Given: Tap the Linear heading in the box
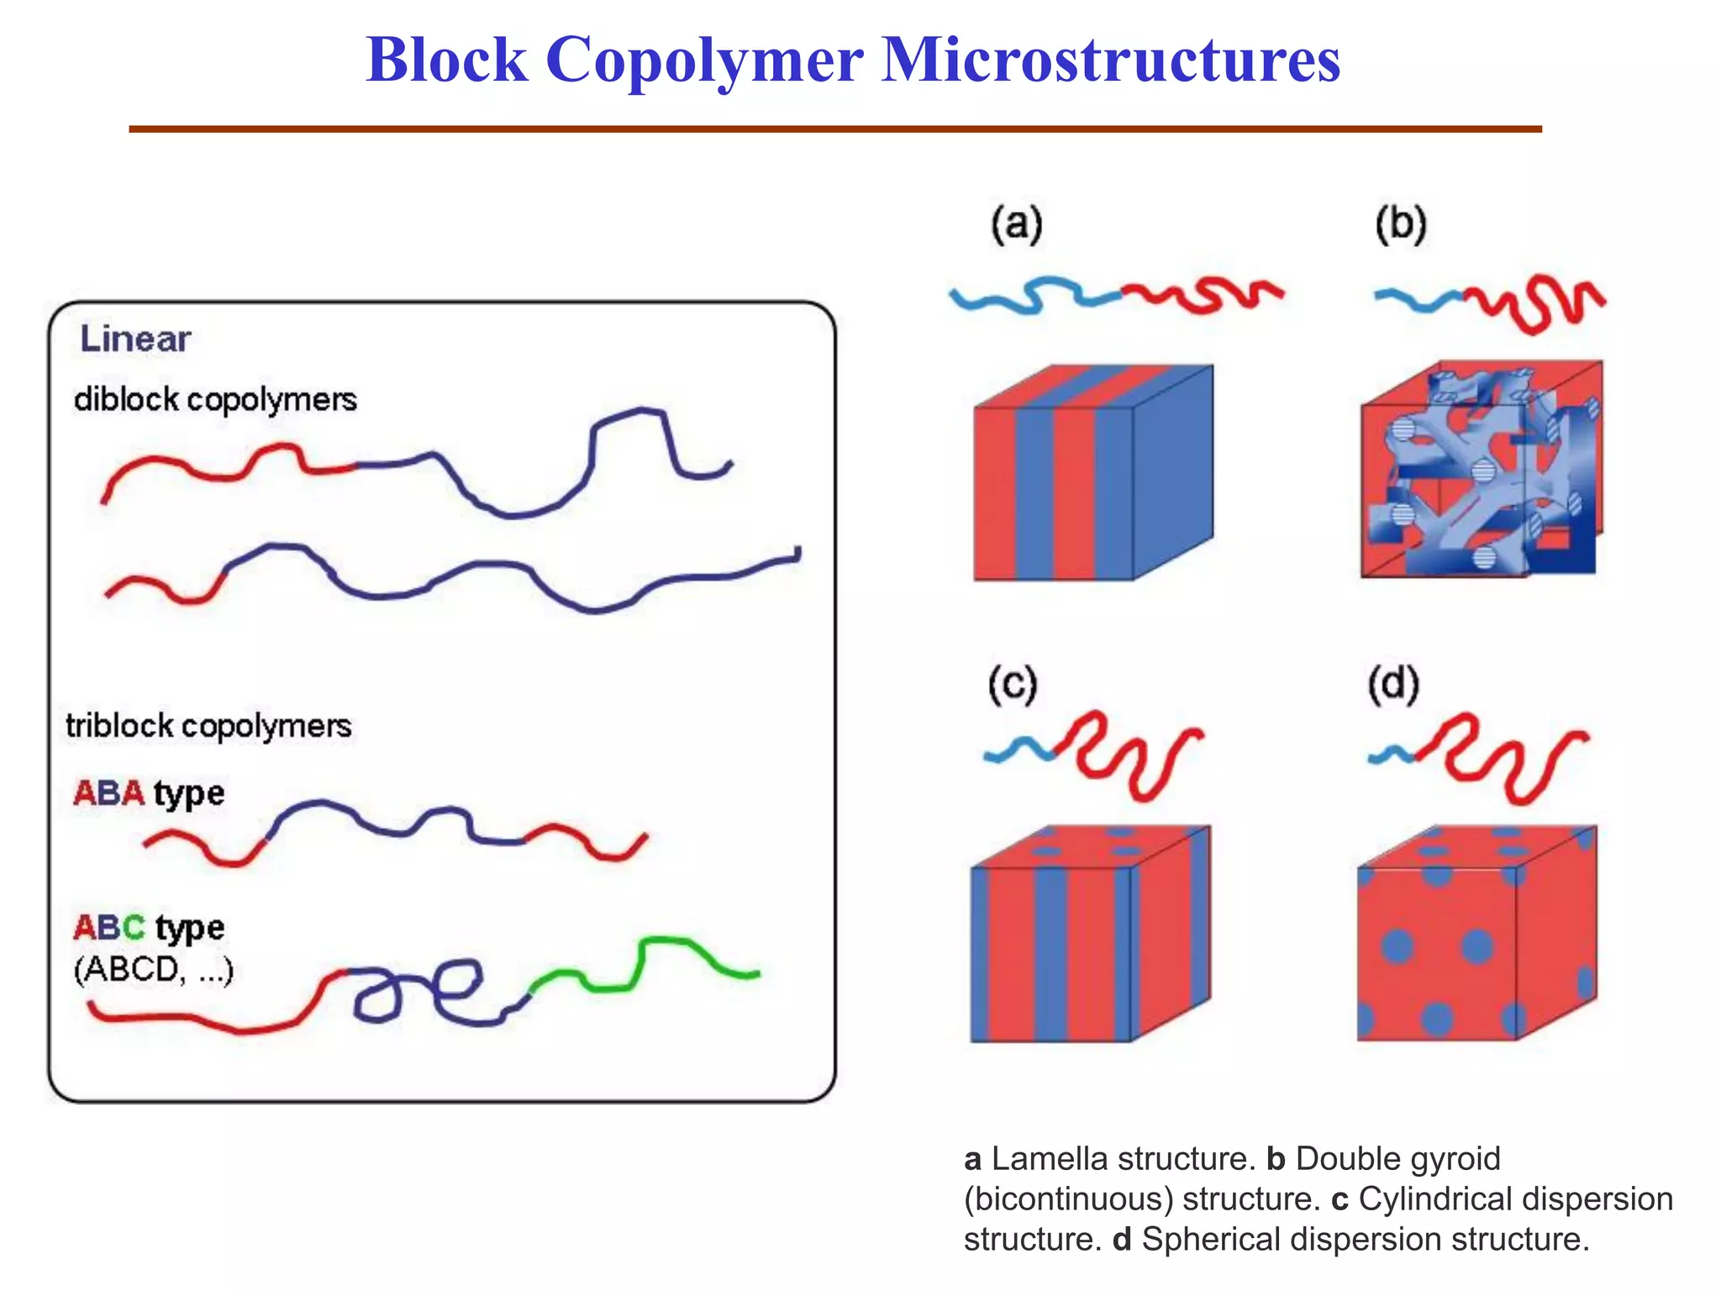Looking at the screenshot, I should click(x=135, y=339).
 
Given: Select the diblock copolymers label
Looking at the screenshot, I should click(x=215, y=399).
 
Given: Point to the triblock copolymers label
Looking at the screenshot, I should click(x=208, y=725).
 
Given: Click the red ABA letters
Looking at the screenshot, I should click(x=108, y=793).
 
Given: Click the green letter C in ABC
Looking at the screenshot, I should click(x=134, y=927).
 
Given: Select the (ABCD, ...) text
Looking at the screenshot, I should click(x=153, y=970).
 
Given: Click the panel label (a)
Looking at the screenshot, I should click(x=1016, y=225).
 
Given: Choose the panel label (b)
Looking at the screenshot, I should click(x=1401, y=225).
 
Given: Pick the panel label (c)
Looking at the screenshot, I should click(x=1013, y=685).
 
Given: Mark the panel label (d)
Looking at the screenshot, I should click(x=1393, y=685).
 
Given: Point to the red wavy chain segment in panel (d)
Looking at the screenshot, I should click(x=1504, y=756).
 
